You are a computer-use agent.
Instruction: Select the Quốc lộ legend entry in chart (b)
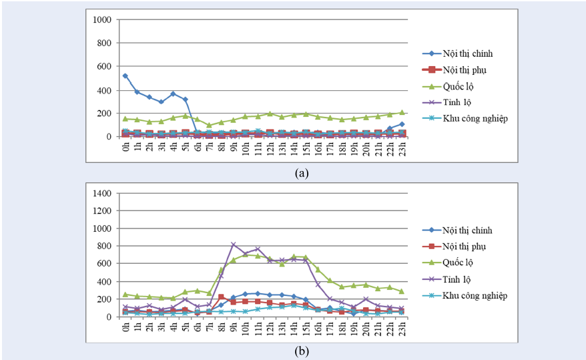click(x=461, y=263)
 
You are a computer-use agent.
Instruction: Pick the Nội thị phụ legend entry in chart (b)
click(x=466, y=246)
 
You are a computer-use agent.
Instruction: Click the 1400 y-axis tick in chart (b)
click(x=103, y=194)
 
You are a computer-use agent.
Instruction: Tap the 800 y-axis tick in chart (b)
click(x=105, y=246)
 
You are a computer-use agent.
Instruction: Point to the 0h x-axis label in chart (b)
click(x=125, y=327)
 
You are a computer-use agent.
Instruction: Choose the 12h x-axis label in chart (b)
click(x=270, y=328)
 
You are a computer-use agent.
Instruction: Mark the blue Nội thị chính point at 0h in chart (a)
click(x=125, y=76)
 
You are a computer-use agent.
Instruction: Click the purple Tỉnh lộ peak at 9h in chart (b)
click(x=234, y=244)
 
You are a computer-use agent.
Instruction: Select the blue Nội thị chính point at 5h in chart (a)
click(x=185, y=100)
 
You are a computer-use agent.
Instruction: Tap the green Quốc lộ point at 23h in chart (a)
click(x=402, y=112)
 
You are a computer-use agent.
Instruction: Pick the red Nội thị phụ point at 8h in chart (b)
click(x=221, y=297)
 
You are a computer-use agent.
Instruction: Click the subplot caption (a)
click(x=302, y=172)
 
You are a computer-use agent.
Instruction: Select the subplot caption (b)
click(x=302, y=350)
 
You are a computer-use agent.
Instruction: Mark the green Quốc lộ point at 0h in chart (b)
click(x=125, y=294)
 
